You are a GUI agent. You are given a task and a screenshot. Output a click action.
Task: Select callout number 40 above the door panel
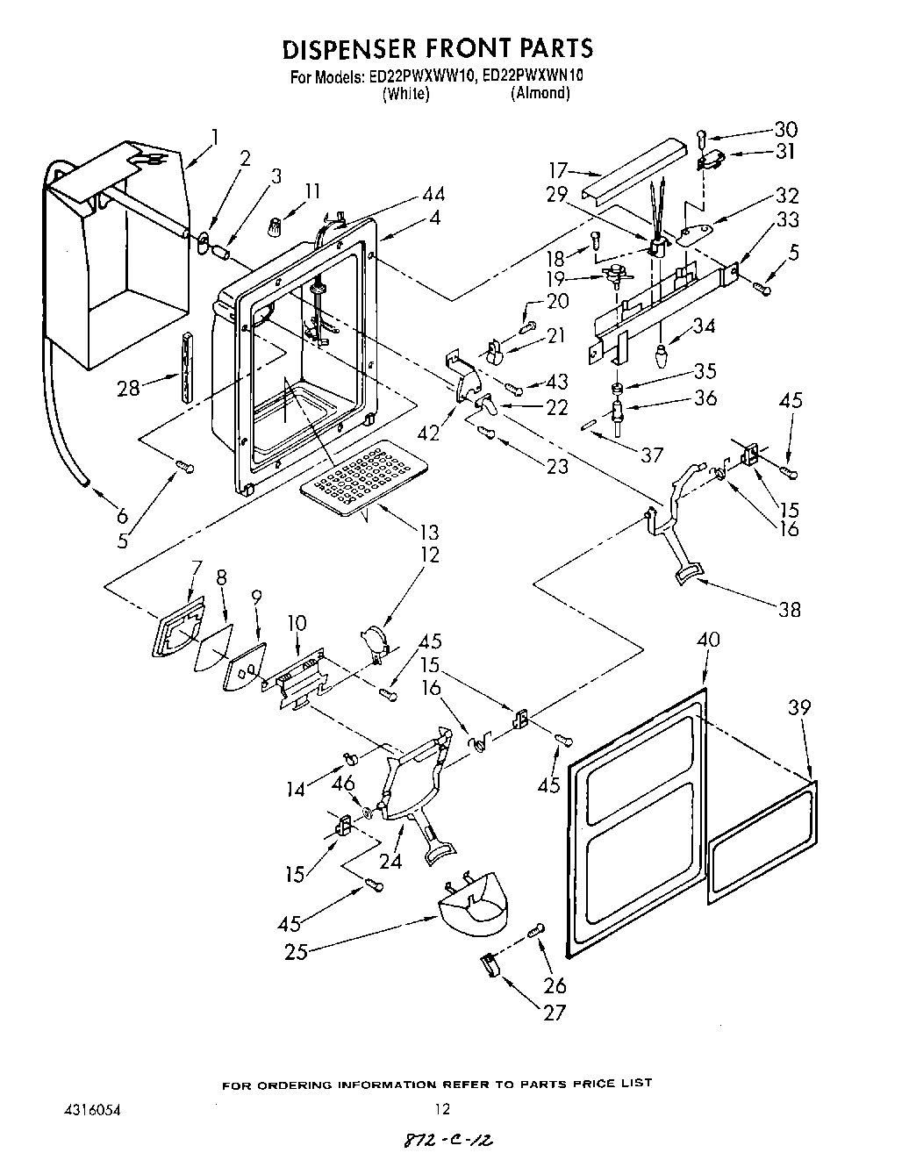pyautogui.click(x=707, y=640)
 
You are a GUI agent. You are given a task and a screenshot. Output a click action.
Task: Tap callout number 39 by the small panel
pyautogui.click(x=799, y=707)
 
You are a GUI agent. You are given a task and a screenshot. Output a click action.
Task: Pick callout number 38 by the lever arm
pyautogui.click(x=789, y=609)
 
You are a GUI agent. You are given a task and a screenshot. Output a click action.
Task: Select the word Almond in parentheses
pyautogui.click(x=540, y=93)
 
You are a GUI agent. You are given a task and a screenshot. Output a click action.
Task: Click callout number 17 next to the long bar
pyautogui.click(x=558, y=170)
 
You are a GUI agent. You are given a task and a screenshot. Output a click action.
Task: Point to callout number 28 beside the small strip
pyautogui.click(x=128, y=387)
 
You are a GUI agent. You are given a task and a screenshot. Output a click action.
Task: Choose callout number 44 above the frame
pyautogui.click(x=433, y=194)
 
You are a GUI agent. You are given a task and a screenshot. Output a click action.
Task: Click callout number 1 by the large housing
pyautogui.click(x=213, y=137)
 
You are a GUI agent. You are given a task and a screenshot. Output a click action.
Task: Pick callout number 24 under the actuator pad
pyautogui.click(x=390, y=861)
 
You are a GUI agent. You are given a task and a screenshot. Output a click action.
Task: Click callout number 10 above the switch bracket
pyautogui.click(x=297, y=624)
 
